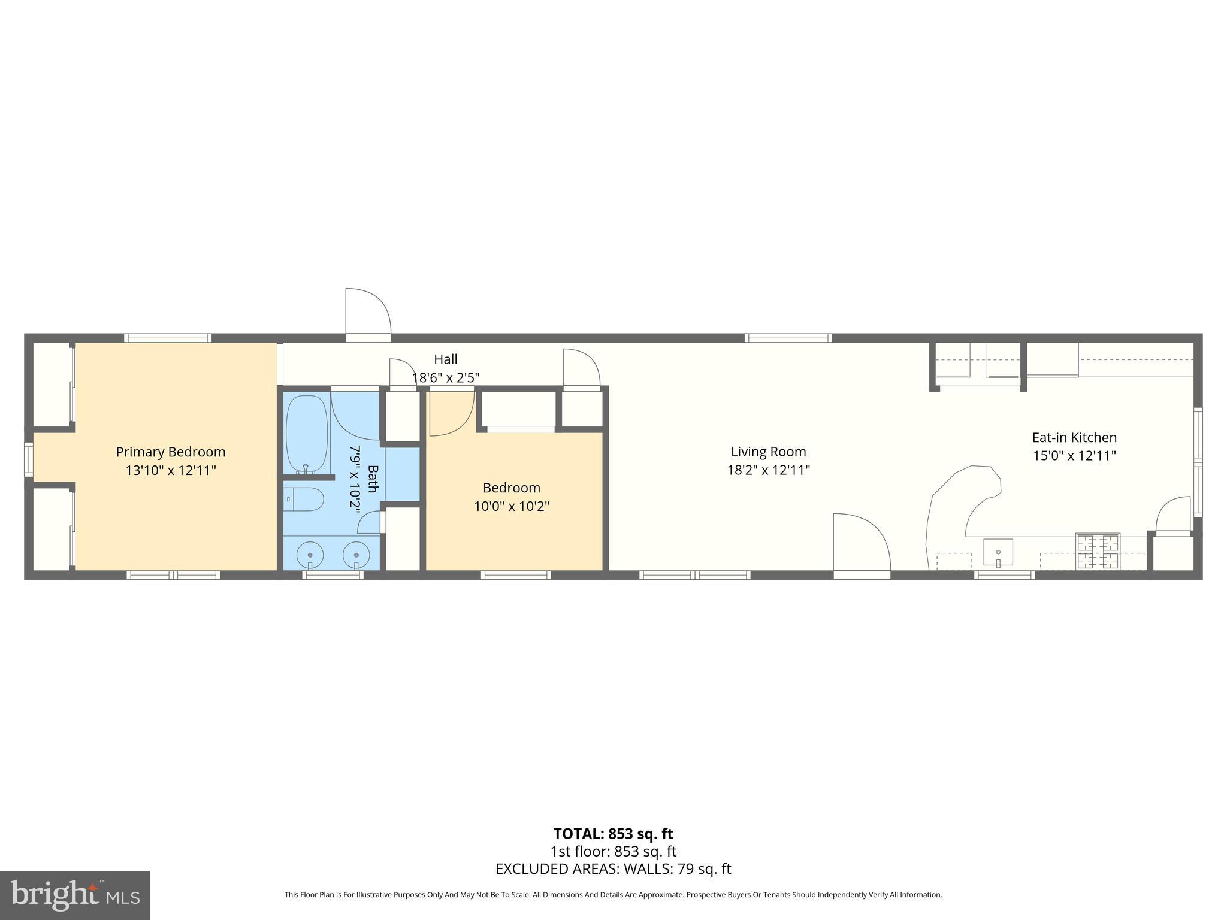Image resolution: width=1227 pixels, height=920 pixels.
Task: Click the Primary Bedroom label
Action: [x=171, y=452]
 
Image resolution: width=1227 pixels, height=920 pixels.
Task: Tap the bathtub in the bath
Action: [x=307, y=433]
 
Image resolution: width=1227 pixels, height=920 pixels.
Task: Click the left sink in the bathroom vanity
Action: [x=310, y=554]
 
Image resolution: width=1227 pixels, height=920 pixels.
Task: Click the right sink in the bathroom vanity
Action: [x=356, y=554]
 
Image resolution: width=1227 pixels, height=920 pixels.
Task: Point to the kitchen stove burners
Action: [x=1098, y=551]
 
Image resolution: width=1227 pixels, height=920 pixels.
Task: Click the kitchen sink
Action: [x=998, y=553]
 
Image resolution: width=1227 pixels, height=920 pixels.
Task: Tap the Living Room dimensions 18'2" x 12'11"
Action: [x=768, y=470]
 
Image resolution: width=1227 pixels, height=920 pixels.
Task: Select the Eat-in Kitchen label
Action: [x=1074, y=437]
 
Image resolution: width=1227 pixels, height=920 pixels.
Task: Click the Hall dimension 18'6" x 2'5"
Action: [x=446, y=378]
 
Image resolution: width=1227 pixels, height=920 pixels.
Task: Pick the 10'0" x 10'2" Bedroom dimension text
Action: [x=512, y=507]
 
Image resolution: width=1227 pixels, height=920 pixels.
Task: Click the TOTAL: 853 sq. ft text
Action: [x=613, y=834]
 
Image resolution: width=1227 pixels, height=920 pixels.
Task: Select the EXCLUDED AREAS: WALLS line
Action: [x=613, y=868]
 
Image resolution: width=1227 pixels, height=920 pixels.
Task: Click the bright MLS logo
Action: [x=74, y=895]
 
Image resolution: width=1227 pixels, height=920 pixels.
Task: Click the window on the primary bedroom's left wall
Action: [x=28, y=459]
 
